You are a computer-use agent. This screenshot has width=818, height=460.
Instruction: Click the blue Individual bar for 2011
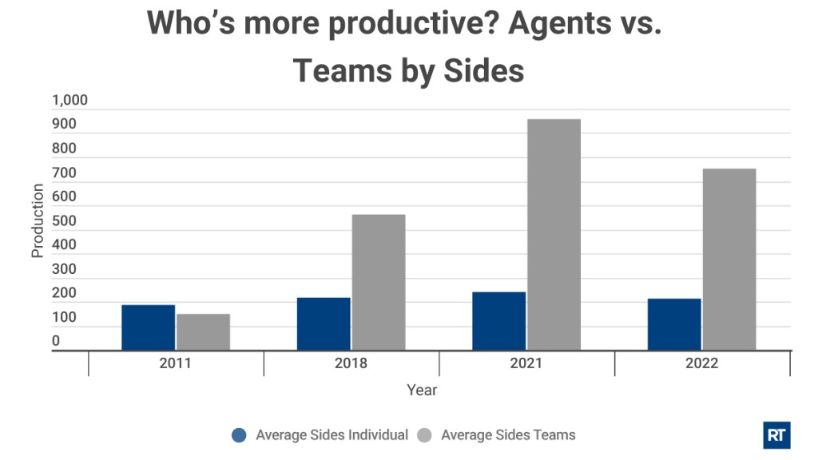pyautogui.click(x=148, y=327)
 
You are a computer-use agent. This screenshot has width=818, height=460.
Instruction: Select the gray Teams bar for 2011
pyautogui.click(x=203, y=331)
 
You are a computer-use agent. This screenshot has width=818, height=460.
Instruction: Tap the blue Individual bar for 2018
pyautogui.click(x=324, y=323)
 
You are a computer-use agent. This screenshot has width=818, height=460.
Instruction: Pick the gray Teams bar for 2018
pyautogui.click(x=379, y=282)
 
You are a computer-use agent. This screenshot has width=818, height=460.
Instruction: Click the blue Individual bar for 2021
pyautogui.click(x=498, y=321)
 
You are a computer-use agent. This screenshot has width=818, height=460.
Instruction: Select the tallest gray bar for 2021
pyautogui.click(x=554, y=234)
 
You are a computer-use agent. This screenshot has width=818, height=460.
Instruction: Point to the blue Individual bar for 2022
pyautogui.click(x=674, y=324)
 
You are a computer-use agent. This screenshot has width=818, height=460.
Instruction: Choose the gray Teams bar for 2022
pyautogui.click(x=729, y=259)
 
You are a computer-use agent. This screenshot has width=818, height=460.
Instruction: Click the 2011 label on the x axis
pyautogui.click(x=175, y=363)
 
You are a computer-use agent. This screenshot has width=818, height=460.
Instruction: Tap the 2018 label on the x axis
pyautogui.click(x=351, y=363)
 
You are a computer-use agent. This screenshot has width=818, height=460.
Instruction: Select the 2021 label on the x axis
pyautogui.click(x=526, y=363)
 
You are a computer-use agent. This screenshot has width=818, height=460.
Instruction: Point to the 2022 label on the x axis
pyautogui.click(x=701, y=363)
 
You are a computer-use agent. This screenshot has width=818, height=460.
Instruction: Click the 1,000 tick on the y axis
pyautogui.click(x=69, y=101)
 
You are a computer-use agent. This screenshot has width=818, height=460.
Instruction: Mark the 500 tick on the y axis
pyautogui.click(x=64, y=221)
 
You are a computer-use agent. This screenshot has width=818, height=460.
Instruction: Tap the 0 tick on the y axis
pyautogui.click(x=56, y=342)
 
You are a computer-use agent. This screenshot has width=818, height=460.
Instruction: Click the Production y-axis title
pyautogui.click(x=37, y=220)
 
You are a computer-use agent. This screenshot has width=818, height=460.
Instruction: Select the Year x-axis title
pyautogui.click(x=422, y=391)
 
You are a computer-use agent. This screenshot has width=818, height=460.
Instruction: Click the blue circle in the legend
pyautogui.click(x=238, y=435)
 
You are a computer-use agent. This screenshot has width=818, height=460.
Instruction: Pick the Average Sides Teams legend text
pyautogui.click(x=508, y=435)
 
